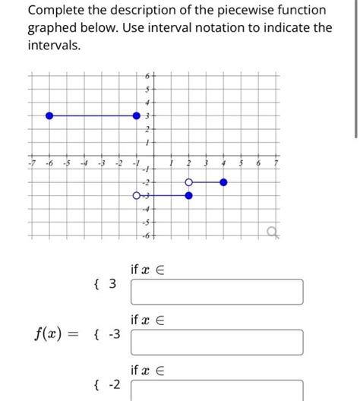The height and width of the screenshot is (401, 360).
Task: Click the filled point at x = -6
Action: coord(49,116)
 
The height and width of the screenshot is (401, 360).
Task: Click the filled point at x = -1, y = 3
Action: coord(137,116)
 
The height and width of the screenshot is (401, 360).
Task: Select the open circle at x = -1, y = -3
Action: coord(137,195)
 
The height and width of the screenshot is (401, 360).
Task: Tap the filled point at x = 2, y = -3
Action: coord(189,195)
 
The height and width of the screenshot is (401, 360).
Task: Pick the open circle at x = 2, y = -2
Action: coord(189,182)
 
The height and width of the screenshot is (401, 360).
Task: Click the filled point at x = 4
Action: coord(224,182)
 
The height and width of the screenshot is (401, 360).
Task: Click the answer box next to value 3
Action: coord(217,292)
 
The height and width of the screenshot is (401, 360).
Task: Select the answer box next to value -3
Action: coord(217,342)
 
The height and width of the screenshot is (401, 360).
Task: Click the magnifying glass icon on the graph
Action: coord(273,231)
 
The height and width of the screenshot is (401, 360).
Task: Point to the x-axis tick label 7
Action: coord(276,164)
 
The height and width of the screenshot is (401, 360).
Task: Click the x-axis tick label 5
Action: coord(242,164)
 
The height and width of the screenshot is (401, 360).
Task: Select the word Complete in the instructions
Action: coord(55,11)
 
